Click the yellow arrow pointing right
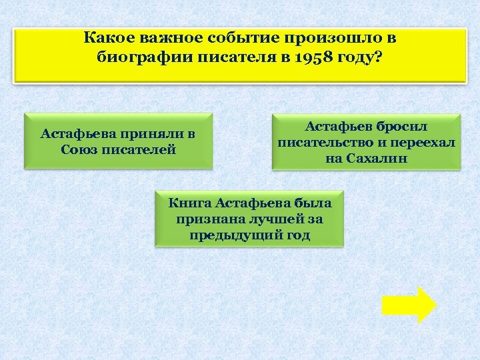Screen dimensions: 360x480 tap(409, 305)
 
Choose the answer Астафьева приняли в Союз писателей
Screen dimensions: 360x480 tap(118, 141)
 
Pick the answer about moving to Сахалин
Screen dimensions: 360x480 tap(366, 142)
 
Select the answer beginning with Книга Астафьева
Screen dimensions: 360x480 tap(249, 218)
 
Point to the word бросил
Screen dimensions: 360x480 tap(402, 126)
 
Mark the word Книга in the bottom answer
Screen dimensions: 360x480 tap(189, 201)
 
